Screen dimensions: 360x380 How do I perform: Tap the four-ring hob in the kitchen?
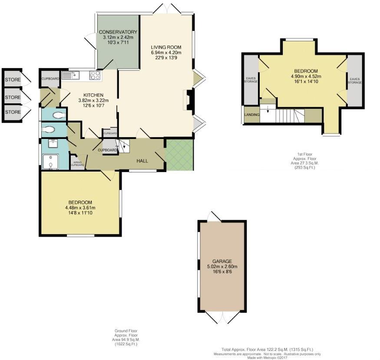(95, 76)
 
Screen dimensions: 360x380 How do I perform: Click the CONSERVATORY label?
(118, 32)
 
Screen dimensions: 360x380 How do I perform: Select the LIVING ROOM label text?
(166, 47)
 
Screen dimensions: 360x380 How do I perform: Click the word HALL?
(142, 161)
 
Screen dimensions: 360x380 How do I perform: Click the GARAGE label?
(222, 261)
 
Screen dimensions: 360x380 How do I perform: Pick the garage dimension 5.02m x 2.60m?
(222, 267)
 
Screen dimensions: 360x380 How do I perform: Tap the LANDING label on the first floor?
(252, 115)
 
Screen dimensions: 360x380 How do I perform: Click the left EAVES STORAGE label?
(251, 80)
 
